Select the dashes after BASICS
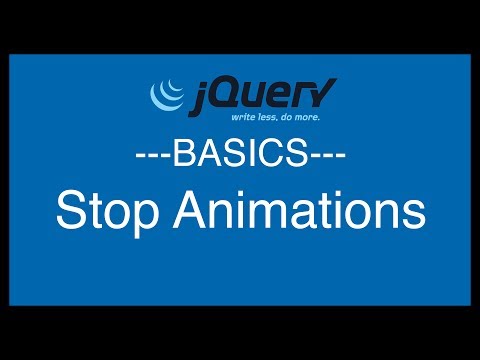[x=328, y=157]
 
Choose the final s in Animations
[x=413, y=214]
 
